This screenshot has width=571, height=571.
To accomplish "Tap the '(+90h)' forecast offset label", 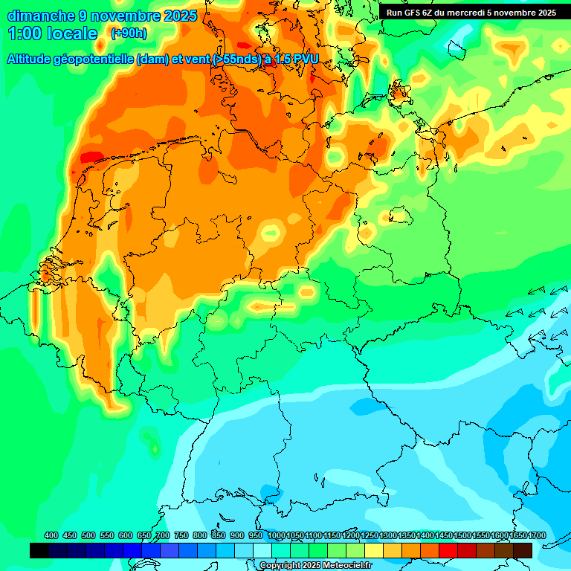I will coord(129,33).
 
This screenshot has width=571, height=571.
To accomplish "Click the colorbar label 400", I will coord(51,536).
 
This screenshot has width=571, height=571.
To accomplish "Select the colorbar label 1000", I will coord(277,536).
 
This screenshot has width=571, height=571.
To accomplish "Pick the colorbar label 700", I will coord(163,536).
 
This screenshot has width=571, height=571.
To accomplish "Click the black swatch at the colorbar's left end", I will coord(39,551).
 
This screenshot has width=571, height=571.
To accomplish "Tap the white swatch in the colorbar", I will coord(262,551).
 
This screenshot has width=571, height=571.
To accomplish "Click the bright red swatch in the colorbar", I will coord(448,551).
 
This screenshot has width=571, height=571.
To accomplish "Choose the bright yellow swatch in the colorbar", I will coord(374,551).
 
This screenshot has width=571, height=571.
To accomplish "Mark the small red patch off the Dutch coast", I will coord(91,157).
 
